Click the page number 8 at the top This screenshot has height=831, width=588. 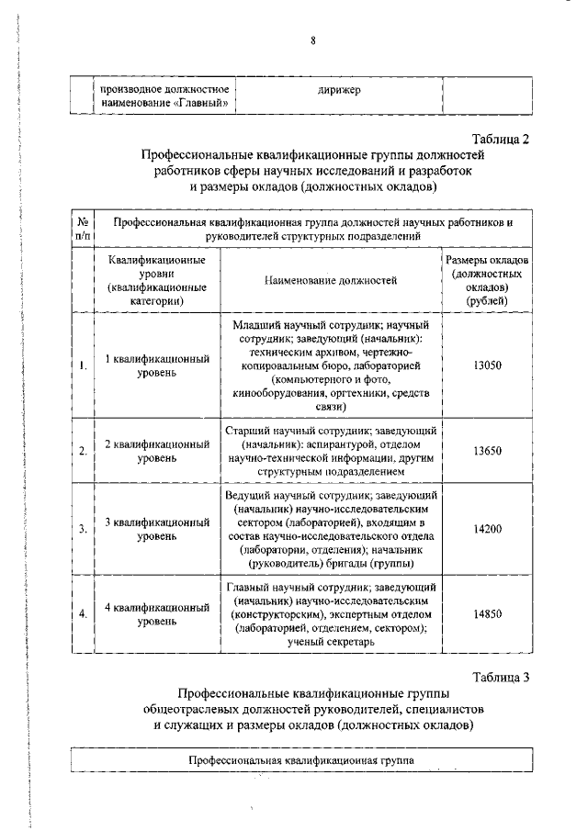(x=312, y=40)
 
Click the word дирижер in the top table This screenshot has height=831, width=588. (x=339, y=89)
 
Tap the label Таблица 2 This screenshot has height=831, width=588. (x=502, y=140)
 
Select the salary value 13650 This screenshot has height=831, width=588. (x=487, y=451)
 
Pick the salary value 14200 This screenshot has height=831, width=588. (x=487, y=529)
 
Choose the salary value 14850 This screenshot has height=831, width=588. (x=487, y=615)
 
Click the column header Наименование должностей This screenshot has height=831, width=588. (x=330, y=280)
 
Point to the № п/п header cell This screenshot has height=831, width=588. (x=83, y=229)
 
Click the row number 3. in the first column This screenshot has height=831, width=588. (x=83, y=530)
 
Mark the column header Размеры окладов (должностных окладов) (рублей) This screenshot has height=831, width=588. (x=489, y=280)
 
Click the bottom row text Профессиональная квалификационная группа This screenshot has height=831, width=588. (x=301, y=761)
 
